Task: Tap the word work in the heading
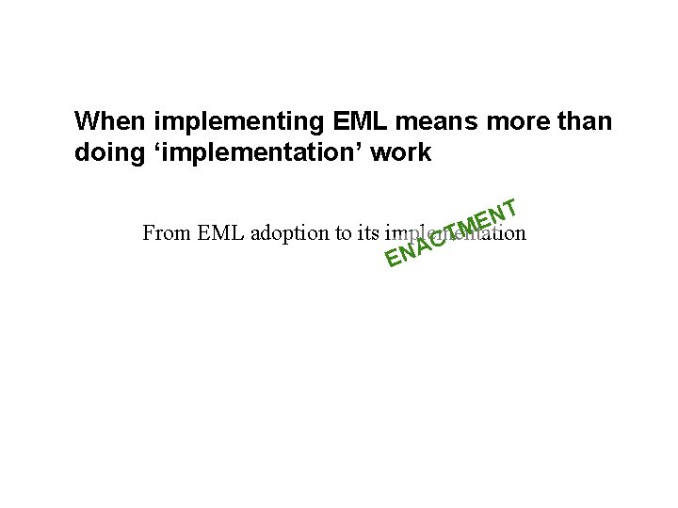403,153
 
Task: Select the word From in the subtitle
166,233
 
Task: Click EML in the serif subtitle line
219,233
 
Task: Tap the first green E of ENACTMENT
391,257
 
